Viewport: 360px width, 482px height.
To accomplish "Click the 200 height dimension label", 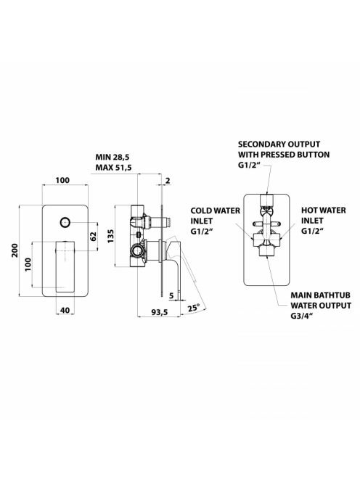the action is tap(15, 250).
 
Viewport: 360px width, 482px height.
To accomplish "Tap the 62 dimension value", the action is tap(94, 236).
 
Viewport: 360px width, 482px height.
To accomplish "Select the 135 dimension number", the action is tap(110, 236).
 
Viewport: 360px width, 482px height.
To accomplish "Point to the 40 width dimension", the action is tap(65, 310).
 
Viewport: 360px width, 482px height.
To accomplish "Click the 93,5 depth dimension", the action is tap(160, 312).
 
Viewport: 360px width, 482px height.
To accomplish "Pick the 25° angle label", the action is tap(194, 308).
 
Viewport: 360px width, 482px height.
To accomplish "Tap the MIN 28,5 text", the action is tap(112, 157).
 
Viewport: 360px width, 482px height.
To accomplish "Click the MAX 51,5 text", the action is tap(114, 168).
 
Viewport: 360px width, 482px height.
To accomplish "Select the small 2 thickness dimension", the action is tap(168, 181).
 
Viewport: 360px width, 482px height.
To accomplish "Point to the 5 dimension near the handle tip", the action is tap(171, 295).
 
